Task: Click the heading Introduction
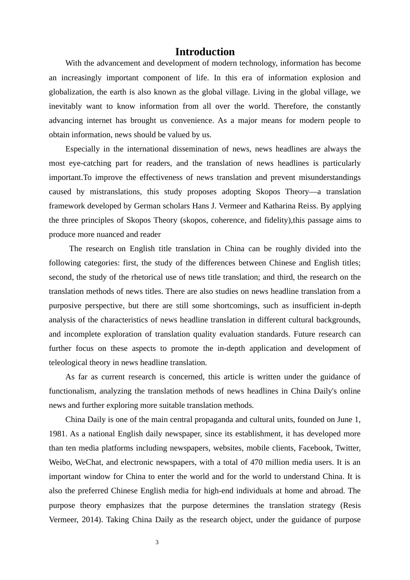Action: coord(205,52)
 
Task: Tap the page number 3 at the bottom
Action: coord(157,542)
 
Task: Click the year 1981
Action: coord(58,434)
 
